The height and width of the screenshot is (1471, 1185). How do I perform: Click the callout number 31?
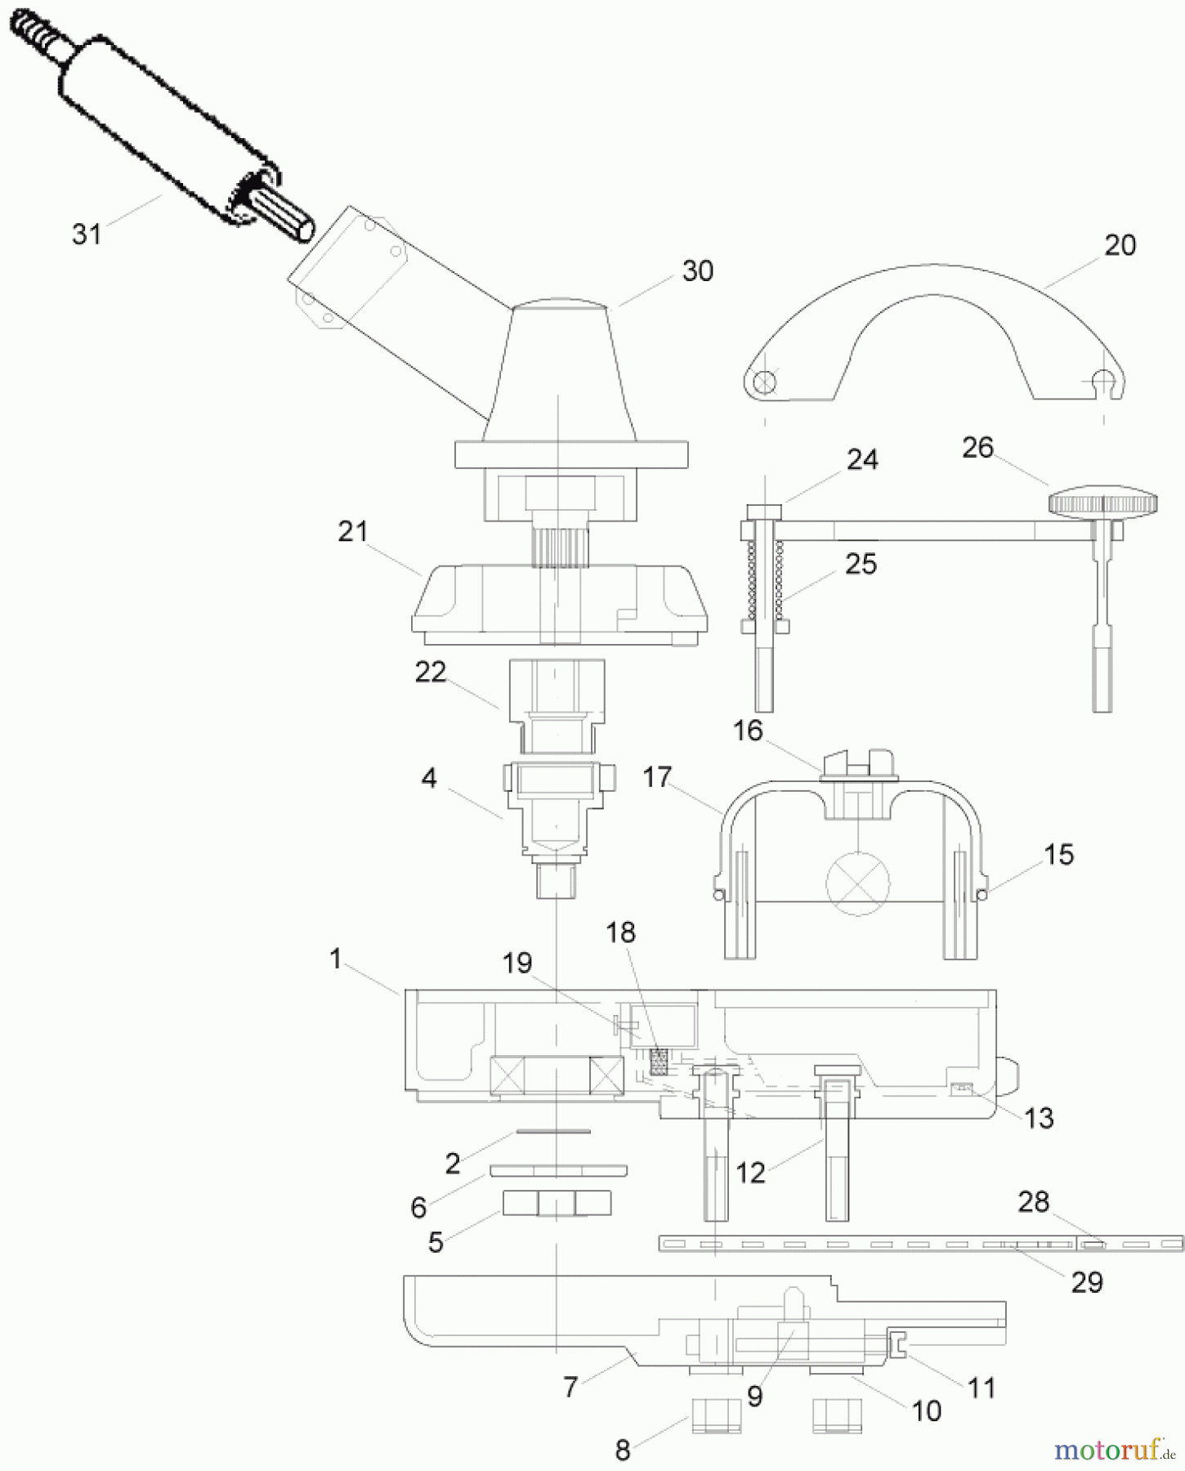coord(87,235)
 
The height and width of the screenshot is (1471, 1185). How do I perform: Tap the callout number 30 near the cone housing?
coord(697,271)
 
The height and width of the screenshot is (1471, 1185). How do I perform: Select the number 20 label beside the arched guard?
coord(1120,245)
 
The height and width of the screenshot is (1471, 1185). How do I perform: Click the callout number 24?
coord(862,460)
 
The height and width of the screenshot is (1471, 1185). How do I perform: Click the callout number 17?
coord(657,777)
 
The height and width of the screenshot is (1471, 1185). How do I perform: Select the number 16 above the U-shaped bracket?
coord(748,731)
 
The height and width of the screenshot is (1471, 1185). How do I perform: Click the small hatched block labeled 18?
coord(659,1062)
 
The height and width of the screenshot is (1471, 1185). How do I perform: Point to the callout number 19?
coord(517,964)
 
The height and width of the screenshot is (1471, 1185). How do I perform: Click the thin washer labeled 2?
coord(552,1132)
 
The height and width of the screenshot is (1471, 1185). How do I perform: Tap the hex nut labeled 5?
coord(556,1203)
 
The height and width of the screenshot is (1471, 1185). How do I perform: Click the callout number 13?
coord(1039,1118)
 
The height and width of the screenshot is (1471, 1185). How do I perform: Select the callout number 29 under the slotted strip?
coord(1087,1282)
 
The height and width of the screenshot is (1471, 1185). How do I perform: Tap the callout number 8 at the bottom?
coord(623,1451)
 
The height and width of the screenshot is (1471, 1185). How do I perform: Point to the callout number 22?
coord(431,673)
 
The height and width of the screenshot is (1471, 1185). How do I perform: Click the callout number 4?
coord(429,778)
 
